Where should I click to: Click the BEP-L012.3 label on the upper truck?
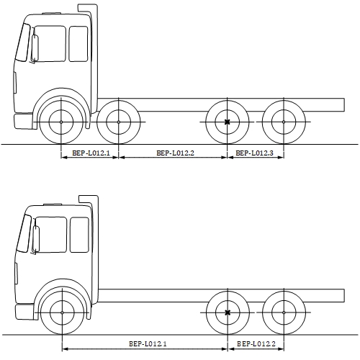click(254, 153)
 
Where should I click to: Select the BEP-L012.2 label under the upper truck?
click(175, 153)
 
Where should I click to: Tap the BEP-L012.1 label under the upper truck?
click(91, 153)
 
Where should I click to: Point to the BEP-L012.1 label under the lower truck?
click(148, 344)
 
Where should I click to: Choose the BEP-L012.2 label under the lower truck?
click(256, 344)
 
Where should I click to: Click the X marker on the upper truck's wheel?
click(227, 122)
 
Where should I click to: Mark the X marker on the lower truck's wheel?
click(228, 312)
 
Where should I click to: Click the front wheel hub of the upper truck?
click(61, 122)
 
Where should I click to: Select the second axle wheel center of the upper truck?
click(119, 122)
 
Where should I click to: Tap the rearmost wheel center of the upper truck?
click(284, 122)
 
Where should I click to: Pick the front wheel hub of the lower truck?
click(62, 312)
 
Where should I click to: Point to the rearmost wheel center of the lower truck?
click(284, 312)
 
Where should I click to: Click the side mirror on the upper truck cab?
click(35, 48)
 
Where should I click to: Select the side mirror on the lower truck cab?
click(36, 239)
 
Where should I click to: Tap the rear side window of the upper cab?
click(78, 44)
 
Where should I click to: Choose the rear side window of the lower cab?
click(79, 235)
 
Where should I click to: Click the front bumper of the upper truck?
click(24, 122)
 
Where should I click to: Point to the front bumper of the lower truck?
click(25, 312)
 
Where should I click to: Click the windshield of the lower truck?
click(24, 233)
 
